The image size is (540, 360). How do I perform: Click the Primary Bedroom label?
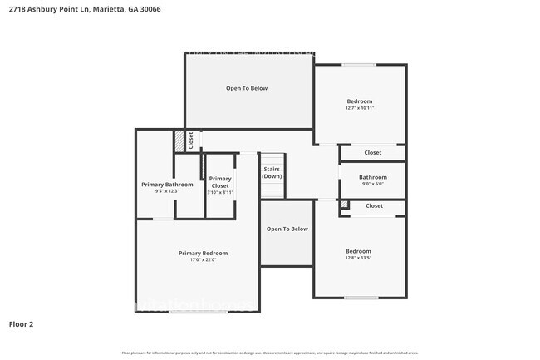pos(203,253)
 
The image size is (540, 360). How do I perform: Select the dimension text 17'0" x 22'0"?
pos(203,260)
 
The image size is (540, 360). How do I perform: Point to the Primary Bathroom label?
pos(167,184)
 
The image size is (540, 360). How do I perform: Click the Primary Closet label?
pos(220,182)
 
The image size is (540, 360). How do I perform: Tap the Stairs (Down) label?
pos(272,172)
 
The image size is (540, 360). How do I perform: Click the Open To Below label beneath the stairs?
pos(287,229)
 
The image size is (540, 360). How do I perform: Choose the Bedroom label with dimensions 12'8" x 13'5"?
pos(358,250)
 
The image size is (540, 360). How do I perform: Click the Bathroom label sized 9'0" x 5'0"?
pos(372,177)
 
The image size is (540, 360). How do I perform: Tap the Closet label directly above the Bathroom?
pos(373,153)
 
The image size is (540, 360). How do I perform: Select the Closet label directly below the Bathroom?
pos(374,205)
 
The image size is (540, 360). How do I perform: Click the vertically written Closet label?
pos(190,140)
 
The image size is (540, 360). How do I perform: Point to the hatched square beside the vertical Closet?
pos(179,141)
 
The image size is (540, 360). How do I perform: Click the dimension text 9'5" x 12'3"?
pos(161,191)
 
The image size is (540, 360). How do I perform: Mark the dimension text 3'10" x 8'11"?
pos(220,191)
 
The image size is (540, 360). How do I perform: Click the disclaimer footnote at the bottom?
pos(270,353)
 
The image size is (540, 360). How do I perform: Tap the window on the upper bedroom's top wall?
pos(359,64)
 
